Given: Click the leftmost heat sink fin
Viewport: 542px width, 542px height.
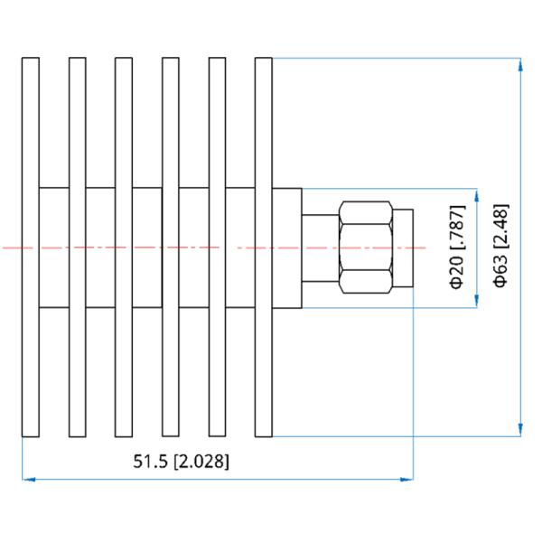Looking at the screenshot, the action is tap(31, 248).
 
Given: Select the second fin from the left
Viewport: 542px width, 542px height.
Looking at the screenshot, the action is tap(78, 248).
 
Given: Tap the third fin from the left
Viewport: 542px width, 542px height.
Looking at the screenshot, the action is tap(124, 248).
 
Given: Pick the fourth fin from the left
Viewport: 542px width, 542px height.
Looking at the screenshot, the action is tap(171, 248).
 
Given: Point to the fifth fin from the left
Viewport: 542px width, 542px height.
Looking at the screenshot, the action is tap(217, 248).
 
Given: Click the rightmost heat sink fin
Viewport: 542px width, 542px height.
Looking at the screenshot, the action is tap(264, 248).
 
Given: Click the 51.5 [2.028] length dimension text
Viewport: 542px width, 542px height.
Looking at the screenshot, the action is tap(182, 462).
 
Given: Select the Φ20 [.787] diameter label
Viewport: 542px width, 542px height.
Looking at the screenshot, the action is tap(457, 247).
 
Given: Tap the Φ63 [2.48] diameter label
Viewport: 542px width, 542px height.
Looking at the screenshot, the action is tap(500, 246).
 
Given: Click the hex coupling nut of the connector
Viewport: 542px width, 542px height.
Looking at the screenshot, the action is tap(366, 248).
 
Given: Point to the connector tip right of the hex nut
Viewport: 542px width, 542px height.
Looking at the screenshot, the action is tap(403, 248).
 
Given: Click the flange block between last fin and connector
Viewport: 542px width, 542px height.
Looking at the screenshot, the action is tap(287, 248).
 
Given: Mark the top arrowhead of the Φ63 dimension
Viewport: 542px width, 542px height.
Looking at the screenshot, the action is tap(520, 64).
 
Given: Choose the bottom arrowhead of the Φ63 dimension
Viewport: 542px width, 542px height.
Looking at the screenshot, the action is tap(520, 430).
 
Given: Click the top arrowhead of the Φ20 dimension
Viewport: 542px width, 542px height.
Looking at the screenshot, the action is tap(477, 195).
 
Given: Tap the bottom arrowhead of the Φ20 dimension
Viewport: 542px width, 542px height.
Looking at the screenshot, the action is tap(477, 301).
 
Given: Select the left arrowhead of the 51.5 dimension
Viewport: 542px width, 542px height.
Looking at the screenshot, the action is tap(29, 480).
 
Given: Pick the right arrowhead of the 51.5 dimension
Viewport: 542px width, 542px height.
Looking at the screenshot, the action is tap(406, 480).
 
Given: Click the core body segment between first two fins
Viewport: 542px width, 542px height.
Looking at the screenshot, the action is tap(54, 248).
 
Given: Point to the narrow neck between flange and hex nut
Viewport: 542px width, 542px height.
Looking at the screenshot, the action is tap(321, 248).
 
